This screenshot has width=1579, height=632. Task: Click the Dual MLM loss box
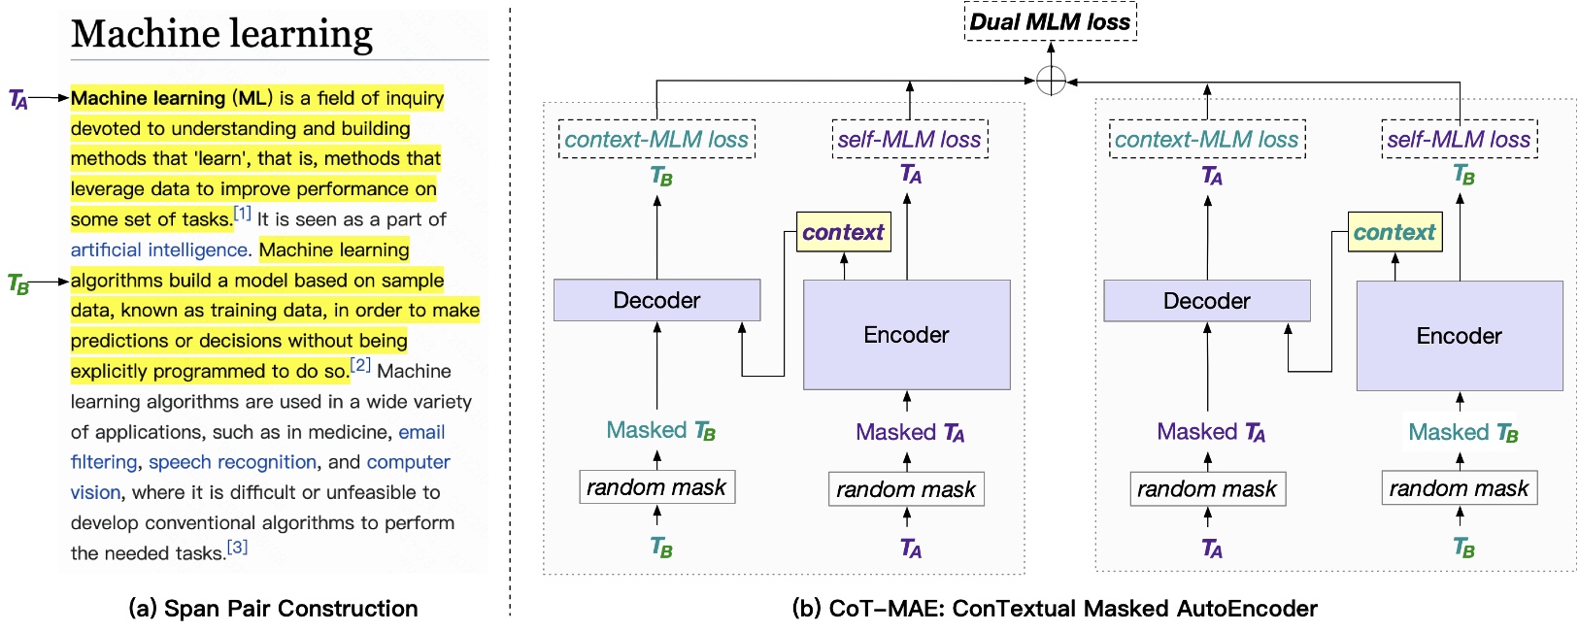coord(1050,22)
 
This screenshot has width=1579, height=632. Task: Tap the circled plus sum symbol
coord(1051,81)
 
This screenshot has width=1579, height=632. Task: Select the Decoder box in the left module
coord(656,300)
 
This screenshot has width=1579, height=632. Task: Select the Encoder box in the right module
coord(1459,336)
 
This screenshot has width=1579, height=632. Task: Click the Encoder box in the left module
coord(906,335)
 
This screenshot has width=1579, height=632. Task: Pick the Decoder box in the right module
coord(1206,301)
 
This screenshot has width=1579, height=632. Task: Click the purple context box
coord(843,232)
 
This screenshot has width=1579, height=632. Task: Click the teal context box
coord(1394,232)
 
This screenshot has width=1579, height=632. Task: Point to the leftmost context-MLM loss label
coord(656,140)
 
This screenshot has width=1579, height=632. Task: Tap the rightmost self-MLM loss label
coord(1459,140)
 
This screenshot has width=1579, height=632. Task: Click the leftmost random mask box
coord(656,487)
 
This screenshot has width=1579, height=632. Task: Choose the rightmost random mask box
coord(1459,488)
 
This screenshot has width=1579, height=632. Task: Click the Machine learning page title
coord(221,34)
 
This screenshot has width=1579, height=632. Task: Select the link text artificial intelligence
coord(159,249)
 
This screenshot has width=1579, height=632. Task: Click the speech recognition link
coord(232,462)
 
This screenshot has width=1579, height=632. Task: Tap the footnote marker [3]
coord(238,548)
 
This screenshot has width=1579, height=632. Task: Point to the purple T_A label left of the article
coord(18,99)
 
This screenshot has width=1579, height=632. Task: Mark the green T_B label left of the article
coord(18,283)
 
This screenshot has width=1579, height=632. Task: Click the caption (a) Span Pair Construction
coord(273,609)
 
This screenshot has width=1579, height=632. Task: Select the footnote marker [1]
coord(243,214)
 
